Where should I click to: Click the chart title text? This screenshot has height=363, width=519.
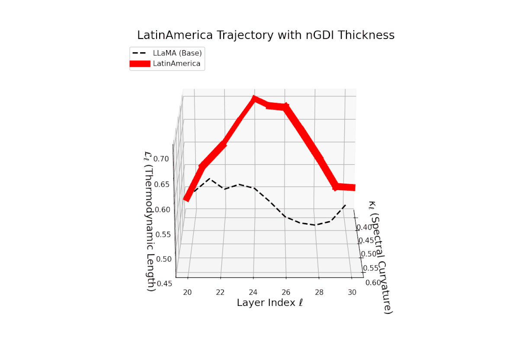pyautogui.click(x=266, y=35)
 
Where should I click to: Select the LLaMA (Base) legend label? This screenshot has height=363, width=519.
pyautogui.click(x=177, y=53)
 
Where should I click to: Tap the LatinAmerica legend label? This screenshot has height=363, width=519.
pyautogui.click(x=177, y=64)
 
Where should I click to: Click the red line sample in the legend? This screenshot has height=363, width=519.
pyautogui.click(x=140, y=64)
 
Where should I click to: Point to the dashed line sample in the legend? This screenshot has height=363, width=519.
pyautogui.click(x=140, y=53)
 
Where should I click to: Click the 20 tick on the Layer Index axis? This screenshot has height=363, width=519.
pyautogui.click(x=187, y=293)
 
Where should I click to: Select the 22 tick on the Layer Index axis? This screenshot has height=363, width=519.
pyautogui.click(x=221, y=293)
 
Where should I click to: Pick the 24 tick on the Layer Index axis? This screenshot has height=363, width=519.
pyautogui.click(x=254, y=293)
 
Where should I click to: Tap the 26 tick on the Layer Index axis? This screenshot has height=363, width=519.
pyautogui.click(x=287, y=293)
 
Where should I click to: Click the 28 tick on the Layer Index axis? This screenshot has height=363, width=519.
pyautogui.click(x=320, y=293)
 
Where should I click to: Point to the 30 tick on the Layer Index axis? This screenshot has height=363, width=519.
pyautogui.click(x=352, y=293)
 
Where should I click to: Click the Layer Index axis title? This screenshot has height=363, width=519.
pyautogui.click(x=269, y=303)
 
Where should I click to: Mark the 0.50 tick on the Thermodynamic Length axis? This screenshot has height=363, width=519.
pyautogui.click(x=165, y=259)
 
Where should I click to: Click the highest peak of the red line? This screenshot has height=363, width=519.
pyautogui.click(x=254, y=99)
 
